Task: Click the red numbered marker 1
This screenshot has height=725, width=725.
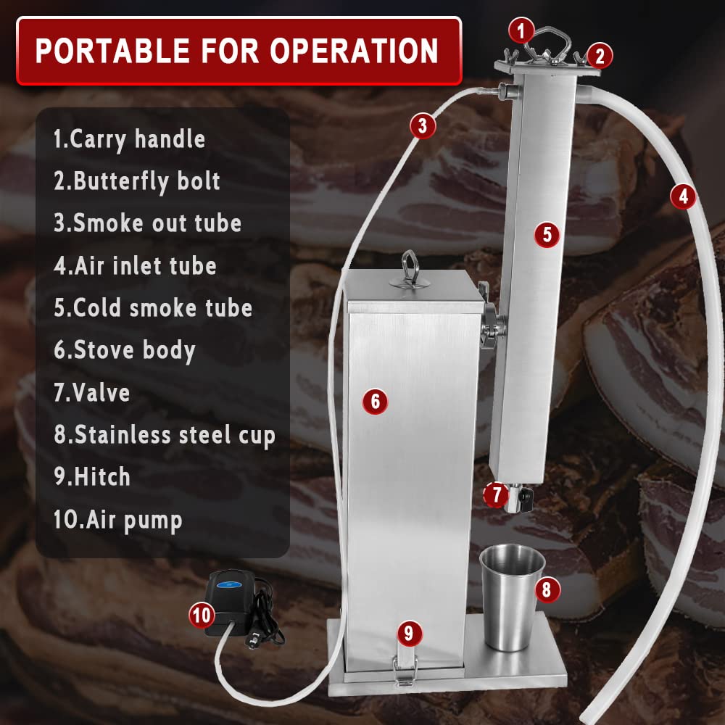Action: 521,31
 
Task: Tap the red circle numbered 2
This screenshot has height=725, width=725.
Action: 600,55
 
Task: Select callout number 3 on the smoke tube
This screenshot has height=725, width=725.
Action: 423,126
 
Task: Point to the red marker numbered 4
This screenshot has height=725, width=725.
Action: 683,195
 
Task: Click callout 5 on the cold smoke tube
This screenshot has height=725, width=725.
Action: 547,234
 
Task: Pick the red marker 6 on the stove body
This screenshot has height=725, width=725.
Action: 375,400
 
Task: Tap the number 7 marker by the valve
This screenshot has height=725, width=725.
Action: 496,495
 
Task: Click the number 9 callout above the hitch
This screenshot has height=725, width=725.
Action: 409,634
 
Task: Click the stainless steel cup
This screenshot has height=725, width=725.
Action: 512,597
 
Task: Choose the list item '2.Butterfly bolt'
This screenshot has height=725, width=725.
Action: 137,181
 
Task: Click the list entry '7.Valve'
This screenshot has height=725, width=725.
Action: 92,393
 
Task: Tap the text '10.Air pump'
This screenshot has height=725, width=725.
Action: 117,520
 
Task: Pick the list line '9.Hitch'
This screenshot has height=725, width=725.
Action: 92,477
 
